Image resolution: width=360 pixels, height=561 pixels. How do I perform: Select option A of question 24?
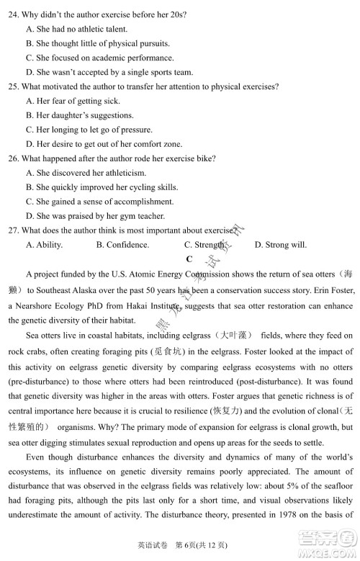click(76, 29)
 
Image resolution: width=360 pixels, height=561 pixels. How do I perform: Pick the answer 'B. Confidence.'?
click(122, 245)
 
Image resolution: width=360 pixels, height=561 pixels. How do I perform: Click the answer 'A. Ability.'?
click(44, 245)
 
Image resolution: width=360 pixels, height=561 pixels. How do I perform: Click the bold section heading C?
click(189, 259)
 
